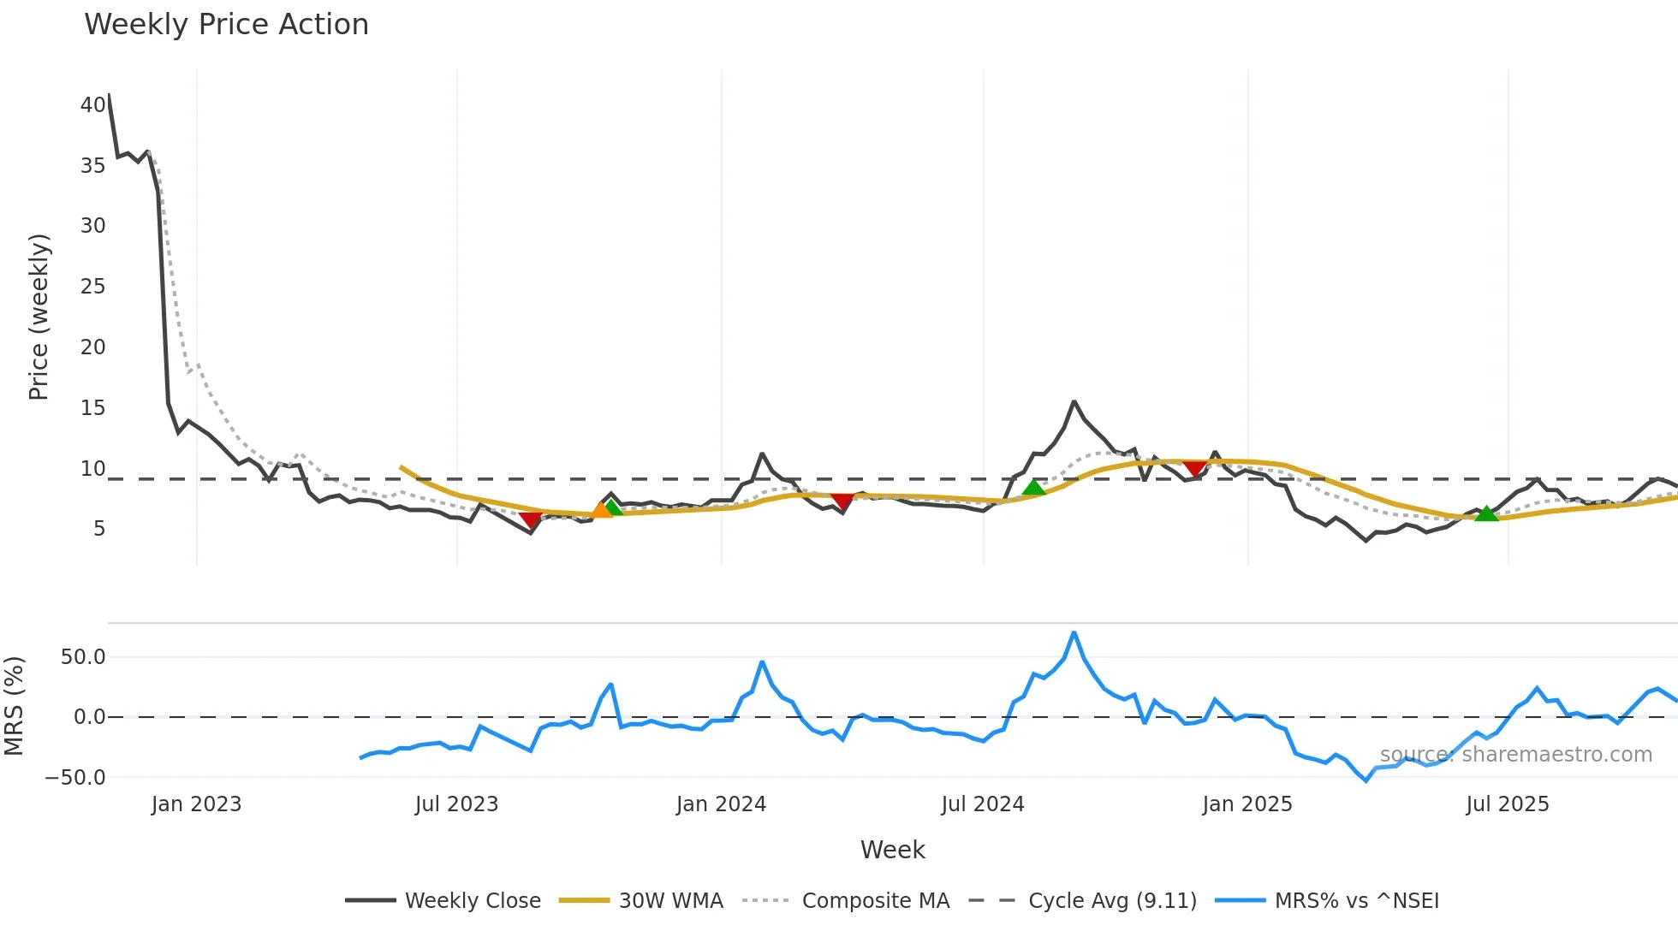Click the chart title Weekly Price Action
click(x=226, y=25)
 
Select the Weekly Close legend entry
click(x=473, y=901)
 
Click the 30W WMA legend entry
click(x=670, y=901)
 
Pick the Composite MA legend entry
click(x=875, y=901)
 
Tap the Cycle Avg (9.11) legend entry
click(x=1112, y=901)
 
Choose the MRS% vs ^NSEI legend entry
click(x=1356, y=901)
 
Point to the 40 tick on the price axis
click(x=92, y=105)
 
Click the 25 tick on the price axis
click(x=92, y=287)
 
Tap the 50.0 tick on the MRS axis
click(x=83, y=657)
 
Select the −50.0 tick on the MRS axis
click(x=75, y=778)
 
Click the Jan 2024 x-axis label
click(x=721, y=804)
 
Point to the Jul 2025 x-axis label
click(x=1507, y=804)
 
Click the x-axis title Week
click(x=892, y=850)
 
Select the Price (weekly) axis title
click(x=39, y=317)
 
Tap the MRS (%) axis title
click(x=14, y=706)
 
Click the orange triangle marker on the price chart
click(x=602, y=510)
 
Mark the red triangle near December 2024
click(x=1194, y=467)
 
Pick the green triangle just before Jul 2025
click(x=1486, y=513)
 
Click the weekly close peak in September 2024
click(x=1074, y=401)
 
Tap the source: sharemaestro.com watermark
click(x=1515, y=755)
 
